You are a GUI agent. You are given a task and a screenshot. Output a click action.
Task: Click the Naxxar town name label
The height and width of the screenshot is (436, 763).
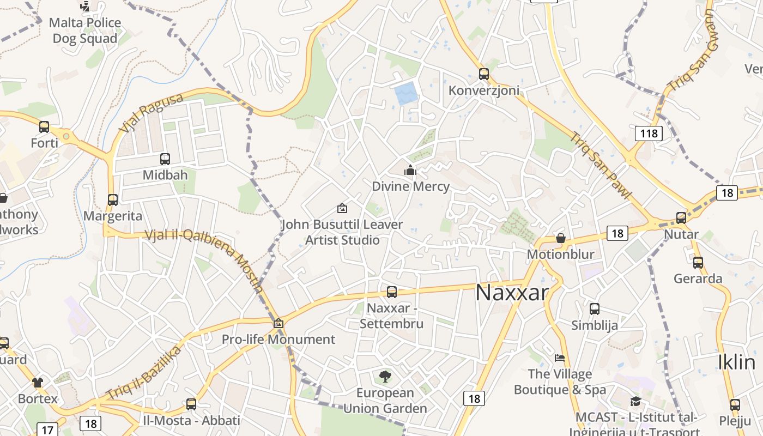click(x=511, y=293)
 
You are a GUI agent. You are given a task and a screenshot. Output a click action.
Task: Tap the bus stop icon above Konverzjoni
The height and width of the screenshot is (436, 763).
click(x=483, y=74)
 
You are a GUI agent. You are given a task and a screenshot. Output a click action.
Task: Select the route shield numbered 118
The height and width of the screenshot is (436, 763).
click(x=649, y=133)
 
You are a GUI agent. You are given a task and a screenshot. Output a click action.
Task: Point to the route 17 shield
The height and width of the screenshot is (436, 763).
click(x=47, y=429)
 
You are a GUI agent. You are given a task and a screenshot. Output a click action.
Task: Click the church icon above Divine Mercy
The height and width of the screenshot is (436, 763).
click(x=410, y=171)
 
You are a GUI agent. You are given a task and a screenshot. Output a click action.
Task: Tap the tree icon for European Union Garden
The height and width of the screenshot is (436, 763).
click(x=385, y=376)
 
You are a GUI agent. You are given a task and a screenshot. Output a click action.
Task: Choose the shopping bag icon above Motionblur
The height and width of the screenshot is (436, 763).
click(x=560, y=238)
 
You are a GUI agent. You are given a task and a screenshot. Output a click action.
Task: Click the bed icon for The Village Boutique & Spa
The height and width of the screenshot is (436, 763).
click(x=560, y=358)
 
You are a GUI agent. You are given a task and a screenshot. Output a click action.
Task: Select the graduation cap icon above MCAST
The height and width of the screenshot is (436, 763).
click(x=635, y=402)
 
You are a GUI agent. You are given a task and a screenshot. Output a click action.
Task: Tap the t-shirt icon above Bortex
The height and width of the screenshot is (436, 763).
click(x=37, y=382)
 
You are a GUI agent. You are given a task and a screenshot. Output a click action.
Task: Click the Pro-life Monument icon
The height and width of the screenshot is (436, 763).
click(x=278, y=323)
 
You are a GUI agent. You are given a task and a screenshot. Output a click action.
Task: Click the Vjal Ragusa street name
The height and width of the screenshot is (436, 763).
click(x=151, y=113)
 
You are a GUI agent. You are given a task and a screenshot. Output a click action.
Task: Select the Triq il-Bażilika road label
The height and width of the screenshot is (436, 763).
click(x=143, y=372)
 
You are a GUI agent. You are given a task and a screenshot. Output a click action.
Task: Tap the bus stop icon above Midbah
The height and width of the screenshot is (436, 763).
click(x=165, y=159)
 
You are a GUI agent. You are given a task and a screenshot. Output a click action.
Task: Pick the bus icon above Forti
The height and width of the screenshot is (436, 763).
click(x=44, y=127)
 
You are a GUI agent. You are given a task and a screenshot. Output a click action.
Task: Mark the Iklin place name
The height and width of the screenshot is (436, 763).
click(x=736, y=362)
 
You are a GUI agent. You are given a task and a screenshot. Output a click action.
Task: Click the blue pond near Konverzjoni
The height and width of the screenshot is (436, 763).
click(x=407, y=94)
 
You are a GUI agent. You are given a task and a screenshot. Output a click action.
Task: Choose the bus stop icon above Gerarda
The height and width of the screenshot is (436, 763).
click(x=698, y=263)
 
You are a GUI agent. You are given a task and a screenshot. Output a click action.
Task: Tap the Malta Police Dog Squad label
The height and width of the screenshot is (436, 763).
click(x=84, y=31)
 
